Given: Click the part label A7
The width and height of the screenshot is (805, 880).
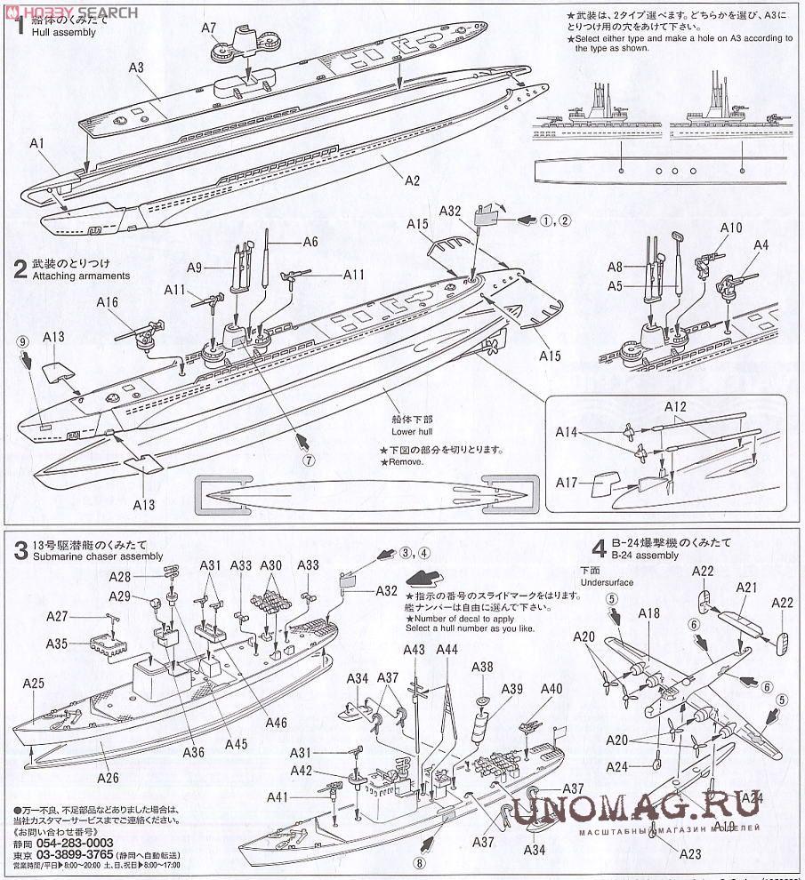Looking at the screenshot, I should [x=209, y=28].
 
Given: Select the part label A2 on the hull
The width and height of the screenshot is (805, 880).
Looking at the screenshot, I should [x=412, y=180].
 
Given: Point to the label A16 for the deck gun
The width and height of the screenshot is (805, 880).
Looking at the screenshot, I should [x=107, y=303].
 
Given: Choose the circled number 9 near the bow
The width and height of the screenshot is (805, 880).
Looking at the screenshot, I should [x=21, y=341].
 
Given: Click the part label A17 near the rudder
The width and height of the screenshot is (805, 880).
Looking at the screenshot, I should [x=568, y=484].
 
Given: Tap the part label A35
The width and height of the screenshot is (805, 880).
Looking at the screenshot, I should [x=56, y=643].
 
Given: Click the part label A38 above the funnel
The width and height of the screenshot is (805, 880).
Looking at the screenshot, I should [x=481, y=668].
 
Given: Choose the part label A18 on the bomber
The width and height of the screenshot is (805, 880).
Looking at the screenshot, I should [x=648, y=613].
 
